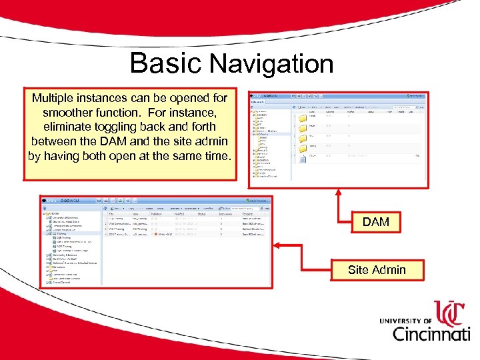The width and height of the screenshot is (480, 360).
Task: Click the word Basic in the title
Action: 165,63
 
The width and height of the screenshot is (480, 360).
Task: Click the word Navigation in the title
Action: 271,64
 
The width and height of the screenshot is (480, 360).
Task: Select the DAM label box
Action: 375,222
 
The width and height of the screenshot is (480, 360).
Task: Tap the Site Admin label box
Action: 376,270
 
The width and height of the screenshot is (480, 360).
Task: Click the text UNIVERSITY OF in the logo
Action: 406,321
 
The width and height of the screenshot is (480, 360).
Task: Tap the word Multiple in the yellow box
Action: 57,98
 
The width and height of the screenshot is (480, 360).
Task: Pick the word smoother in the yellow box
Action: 68,112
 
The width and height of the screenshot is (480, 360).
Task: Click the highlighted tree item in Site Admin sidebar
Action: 61,234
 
